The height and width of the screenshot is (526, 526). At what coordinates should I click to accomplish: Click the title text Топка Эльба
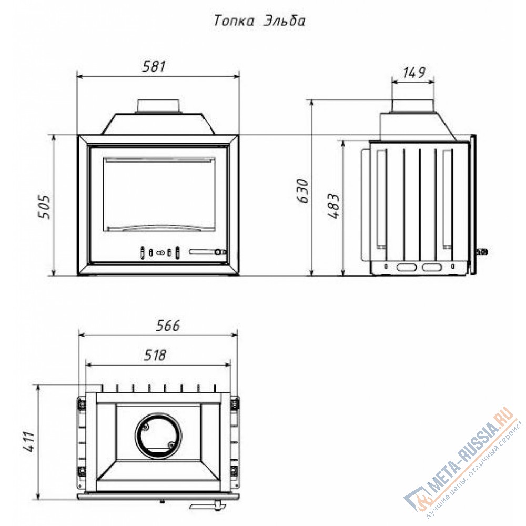pos(260,21)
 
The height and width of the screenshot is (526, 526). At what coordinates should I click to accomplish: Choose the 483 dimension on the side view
pos(335,206)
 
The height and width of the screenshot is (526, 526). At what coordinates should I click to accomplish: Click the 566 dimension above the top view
pos(168,325)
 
